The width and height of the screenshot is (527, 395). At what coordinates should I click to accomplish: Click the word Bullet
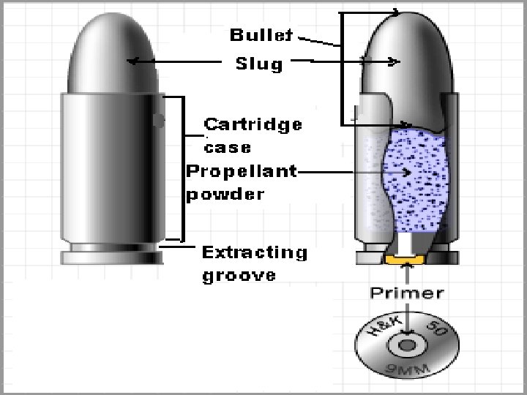click(261, 34)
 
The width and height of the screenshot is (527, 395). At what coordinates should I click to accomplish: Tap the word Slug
click(258, 64)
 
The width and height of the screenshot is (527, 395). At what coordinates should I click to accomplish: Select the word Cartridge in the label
click(252, 124)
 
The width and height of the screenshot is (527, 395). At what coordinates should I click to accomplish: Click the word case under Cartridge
click(227, 147)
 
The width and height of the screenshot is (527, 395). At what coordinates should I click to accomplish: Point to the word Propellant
click(241, 172)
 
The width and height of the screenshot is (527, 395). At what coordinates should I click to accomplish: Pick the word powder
click(224, 195)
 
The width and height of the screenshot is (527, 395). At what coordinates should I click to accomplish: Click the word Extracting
click(254, 253)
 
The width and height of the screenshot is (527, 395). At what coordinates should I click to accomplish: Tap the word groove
click(228, 276)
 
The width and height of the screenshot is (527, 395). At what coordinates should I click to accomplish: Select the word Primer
click(406, 293)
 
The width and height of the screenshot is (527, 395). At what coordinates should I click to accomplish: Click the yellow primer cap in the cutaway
click(405, 259)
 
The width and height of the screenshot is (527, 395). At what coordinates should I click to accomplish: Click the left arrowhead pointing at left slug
click(132, 61)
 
